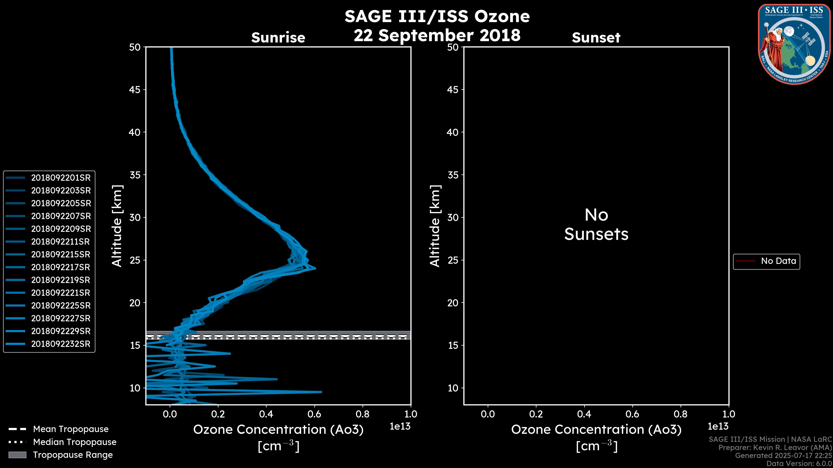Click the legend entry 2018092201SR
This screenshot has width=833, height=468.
pos(61,178)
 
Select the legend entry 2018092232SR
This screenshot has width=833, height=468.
pos(61,344)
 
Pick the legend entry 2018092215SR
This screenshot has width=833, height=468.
pos(61,255)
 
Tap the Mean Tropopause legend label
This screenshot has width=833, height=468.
pos(71,429)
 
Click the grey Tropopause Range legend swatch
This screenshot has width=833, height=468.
pos(17,455)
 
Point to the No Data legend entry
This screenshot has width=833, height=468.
pos(778,261)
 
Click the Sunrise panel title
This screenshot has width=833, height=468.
pos(278,38)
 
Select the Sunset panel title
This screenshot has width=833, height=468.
pos(596,38)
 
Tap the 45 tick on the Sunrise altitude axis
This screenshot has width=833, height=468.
pos(135,89)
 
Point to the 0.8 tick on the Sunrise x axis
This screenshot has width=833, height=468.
pos(362,414)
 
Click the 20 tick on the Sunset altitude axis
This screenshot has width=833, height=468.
pos(453,303)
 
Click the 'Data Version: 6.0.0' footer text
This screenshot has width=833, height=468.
pos(799,463)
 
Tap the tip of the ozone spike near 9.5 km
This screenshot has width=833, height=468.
pos(321,392)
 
